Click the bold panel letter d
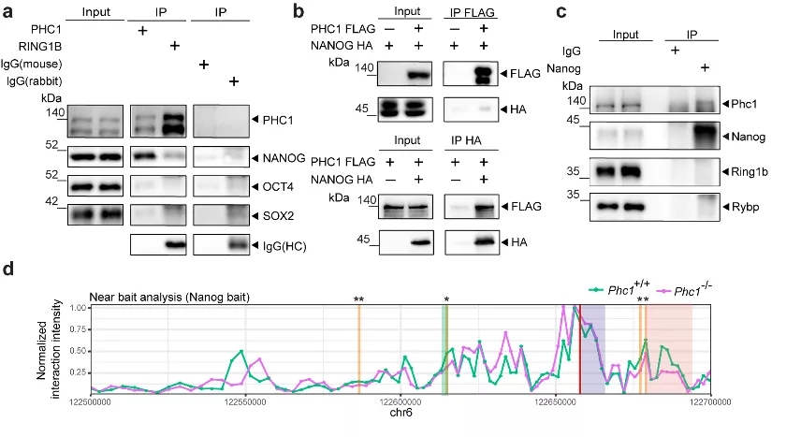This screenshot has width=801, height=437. pyautogui.click(x=8, y=270)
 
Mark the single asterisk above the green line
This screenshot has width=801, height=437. pyautogui.click(x=446, y=299)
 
